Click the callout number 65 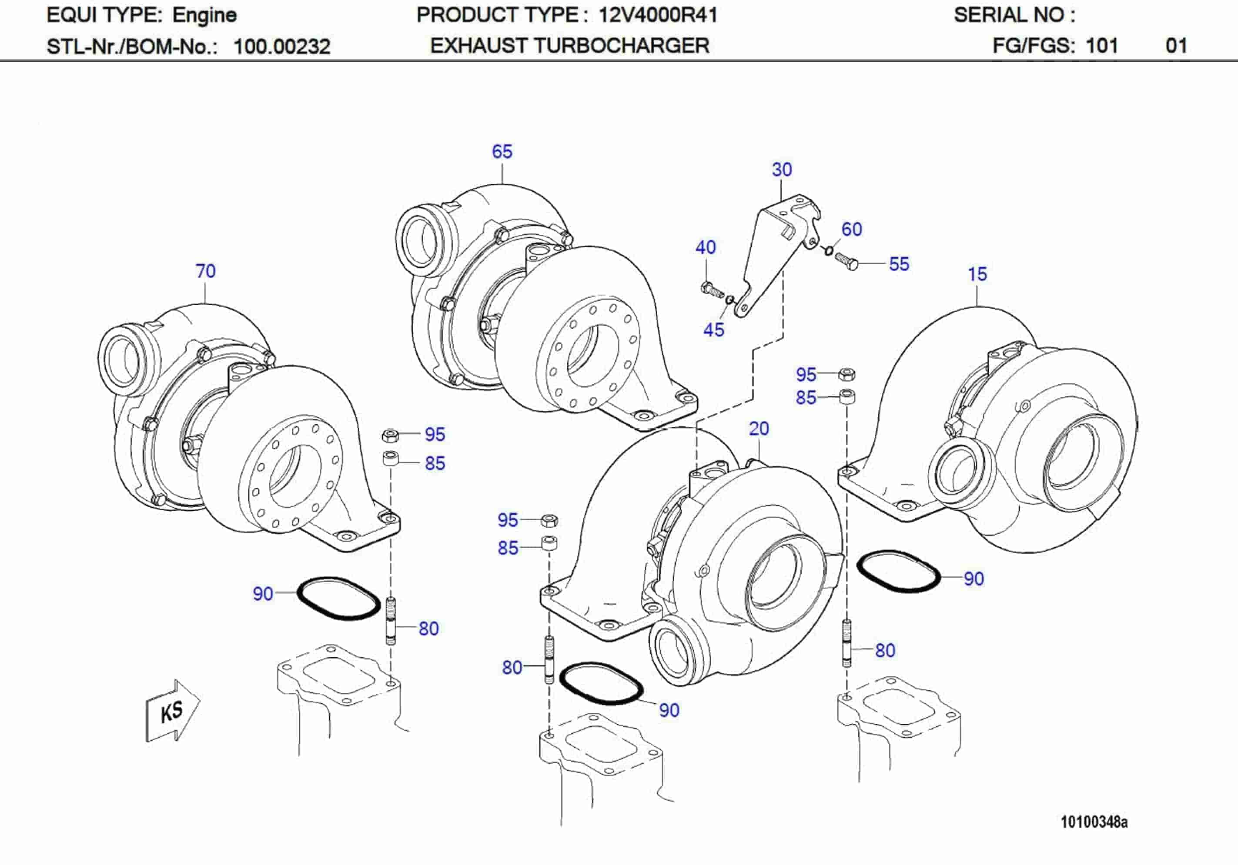click(502, 151)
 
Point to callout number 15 click(977, 274)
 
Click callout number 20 click(759, 429)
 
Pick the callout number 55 click(899, 264)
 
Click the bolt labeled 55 click(846, 261)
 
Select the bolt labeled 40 click(711, 289)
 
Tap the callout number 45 click(713, 330)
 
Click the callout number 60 click(851, 229)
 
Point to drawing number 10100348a click(1094, 822)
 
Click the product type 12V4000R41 click(657, 15)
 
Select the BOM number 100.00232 click(281, 47)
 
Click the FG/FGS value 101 click(1101, 46)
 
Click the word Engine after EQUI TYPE click(204, 15)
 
